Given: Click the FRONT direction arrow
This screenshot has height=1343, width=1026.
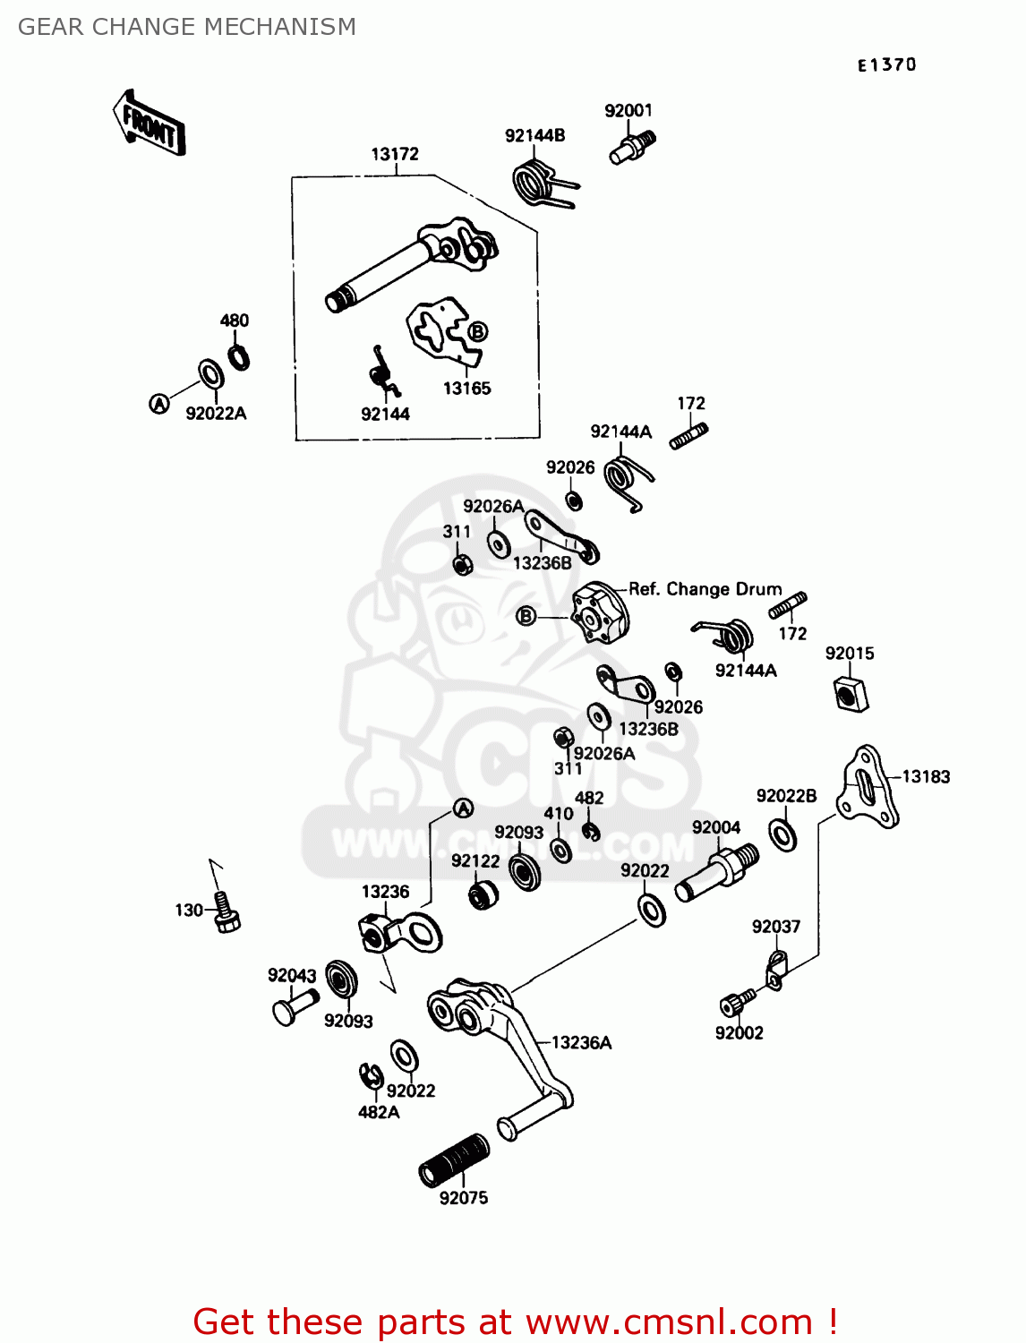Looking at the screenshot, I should tap(150, 124).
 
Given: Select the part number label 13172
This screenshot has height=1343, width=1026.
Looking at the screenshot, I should tap(395, 154).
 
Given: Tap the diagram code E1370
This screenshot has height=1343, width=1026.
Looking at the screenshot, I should tap(886, 64).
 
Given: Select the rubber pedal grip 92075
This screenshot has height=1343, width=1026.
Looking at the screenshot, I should tap(455, 1159).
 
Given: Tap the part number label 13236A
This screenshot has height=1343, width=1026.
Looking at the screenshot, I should tap(581, 1042).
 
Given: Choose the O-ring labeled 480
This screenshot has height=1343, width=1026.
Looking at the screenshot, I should tap(238, 357).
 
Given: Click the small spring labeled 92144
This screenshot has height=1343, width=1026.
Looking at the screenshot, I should tap(384, 372).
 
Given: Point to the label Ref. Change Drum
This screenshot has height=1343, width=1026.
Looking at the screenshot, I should tap(705, 589).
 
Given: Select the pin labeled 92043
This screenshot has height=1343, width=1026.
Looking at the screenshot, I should tap(294, 1005).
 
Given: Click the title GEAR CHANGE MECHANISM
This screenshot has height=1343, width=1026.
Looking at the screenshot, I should tap(186, 27).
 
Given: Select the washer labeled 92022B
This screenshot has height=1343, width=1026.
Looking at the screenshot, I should tap(783, 834).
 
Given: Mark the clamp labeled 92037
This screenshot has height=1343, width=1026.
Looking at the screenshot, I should tap(775, 970).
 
